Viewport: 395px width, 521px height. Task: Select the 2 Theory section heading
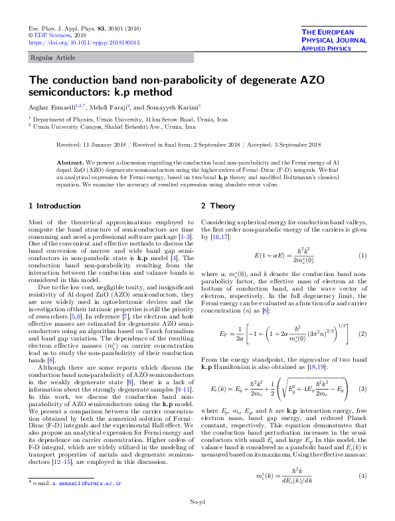pyautogui.click(x=218, y=206)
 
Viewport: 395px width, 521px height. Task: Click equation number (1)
pyautogui.click(x=362, y=256)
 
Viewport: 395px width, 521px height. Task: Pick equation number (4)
pyautogui.click(x=362, y=457)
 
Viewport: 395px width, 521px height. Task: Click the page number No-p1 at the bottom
pyautogui.click(x=197, y=502)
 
